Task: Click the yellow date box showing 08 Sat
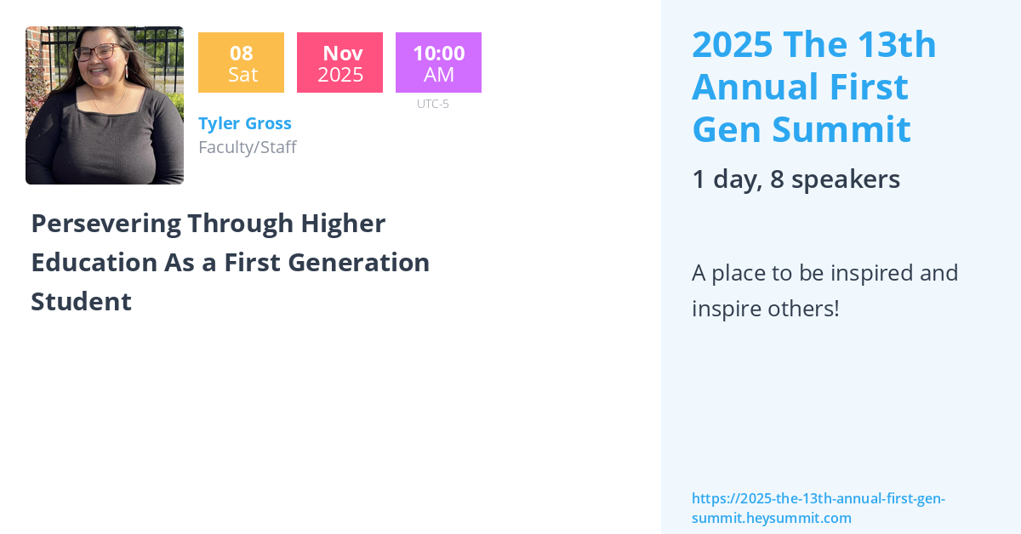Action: (241, 62)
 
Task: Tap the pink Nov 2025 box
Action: (340, 62)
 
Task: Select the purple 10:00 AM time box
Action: (438, 62)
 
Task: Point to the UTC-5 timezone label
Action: (433, 104)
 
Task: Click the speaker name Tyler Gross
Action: (245, 123)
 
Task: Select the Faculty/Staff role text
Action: (248, 147)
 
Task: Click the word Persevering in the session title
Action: (106, 224)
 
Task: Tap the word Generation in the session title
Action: (359, 263)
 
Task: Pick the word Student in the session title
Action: (81, 302)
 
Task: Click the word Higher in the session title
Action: (343, 224)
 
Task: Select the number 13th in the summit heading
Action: (897, 44)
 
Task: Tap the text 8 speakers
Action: (835, 179)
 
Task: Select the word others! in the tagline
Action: (803, 309)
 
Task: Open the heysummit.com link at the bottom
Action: (819, 508)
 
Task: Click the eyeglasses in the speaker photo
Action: (99, 51)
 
